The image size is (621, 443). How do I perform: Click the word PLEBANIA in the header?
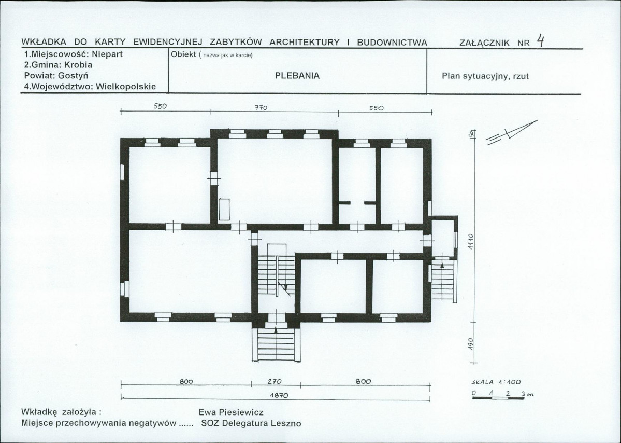(x=297, y=76)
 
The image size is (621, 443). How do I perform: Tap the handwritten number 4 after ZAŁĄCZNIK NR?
(x=541, y=40)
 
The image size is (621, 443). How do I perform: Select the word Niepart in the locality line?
(x=110, y=54)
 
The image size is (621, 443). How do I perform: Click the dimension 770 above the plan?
(x=261, y=107)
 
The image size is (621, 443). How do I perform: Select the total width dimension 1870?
(x=279, y=395)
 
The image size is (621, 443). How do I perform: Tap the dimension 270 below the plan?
(x=274, y=381)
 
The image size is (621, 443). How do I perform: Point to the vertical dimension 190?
(x=470, y=343)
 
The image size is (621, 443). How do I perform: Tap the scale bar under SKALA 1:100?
(x=498, y=398)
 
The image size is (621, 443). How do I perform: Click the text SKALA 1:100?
(x=496, y=382)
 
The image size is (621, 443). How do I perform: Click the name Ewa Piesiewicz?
(x=231, y=412)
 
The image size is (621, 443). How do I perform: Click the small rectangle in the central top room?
(x=224, y=210)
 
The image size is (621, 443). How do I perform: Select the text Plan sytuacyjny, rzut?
(x=485, y=76)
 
